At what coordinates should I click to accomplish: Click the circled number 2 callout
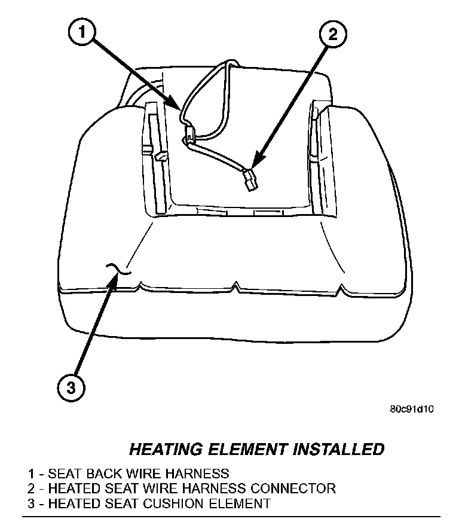tap(332, 33)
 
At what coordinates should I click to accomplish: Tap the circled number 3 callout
tap(71, 388)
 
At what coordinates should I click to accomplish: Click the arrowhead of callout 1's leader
tap(181, 108)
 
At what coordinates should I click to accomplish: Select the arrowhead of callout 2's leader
tap(254, 164)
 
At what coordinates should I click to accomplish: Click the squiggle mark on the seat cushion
tap(117, 270)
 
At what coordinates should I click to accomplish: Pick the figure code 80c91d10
tap(411, 410)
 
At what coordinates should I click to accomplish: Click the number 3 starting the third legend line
tap(31, 503)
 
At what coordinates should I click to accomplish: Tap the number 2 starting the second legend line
tap(31, 489)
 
